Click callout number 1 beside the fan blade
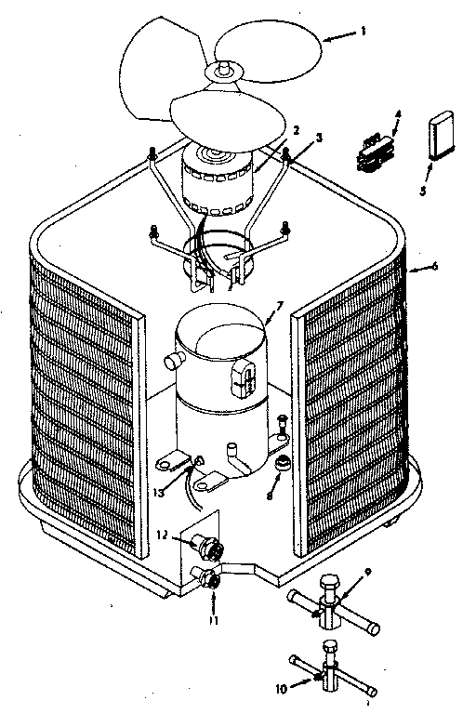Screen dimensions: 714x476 363,31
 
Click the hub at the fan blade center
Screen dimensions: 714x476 224,69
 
